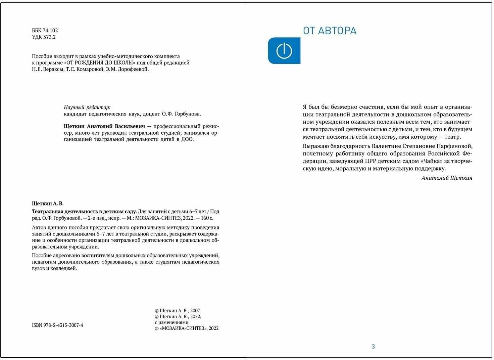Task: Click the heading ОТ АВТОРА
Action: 330,31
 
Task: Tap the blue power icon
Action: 284,51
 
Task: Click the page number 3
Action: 373,347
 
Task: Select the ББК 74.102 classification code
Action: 45,31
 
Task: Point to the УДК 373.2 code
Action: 44,37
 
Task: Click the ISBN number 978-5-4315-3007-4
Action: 57,325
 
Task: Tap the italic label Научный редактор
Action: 87,107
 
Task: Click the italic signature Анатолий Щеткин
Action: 447,178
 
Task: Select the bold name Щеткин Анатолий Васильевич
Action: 104,127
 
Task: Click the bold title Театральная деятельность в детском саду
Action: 84,212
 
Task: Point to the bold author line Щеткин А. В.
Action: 48,204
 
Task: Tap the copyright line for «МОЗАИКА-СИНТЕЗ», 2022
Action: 187,328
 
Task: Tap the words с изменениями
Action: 171,322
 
